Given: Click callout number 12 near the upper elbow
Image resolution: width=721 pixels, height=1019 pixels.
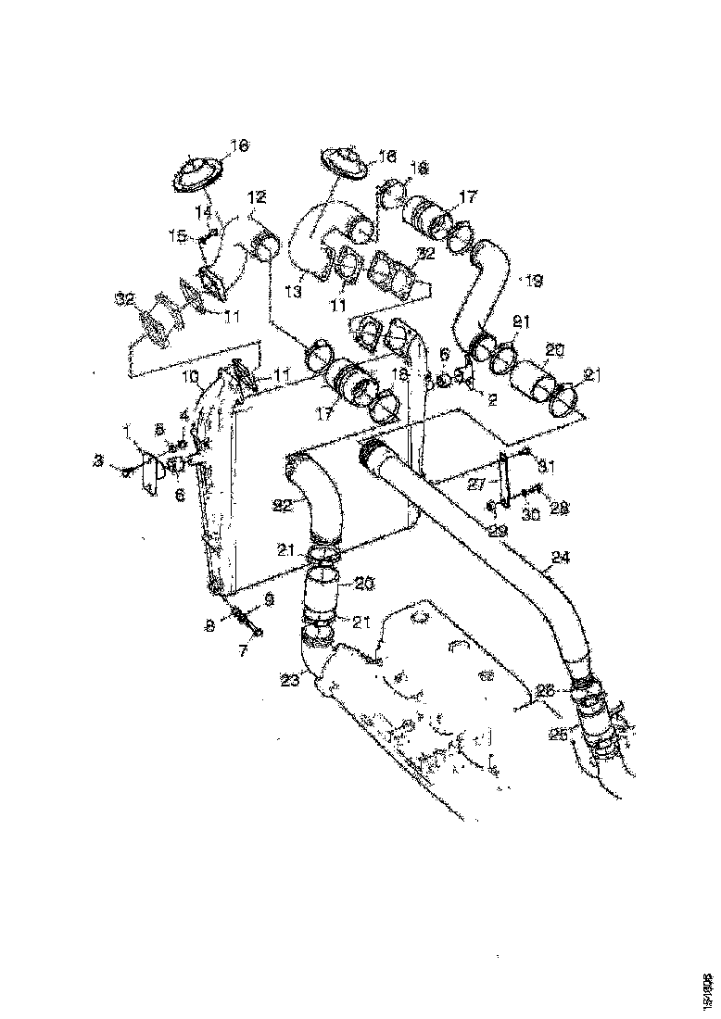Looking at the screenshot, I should pos(257,196).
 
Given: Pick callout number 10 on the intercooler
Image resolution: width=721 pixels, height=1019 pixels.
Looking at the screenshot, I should pos(191,377).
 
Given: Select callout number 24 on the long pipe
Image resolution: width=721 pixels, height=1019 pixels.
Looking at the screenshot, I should pos(559,560).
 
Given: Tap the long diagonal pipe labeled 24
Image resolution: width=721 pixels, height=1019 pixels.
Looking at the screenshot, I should pos(482,519).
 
